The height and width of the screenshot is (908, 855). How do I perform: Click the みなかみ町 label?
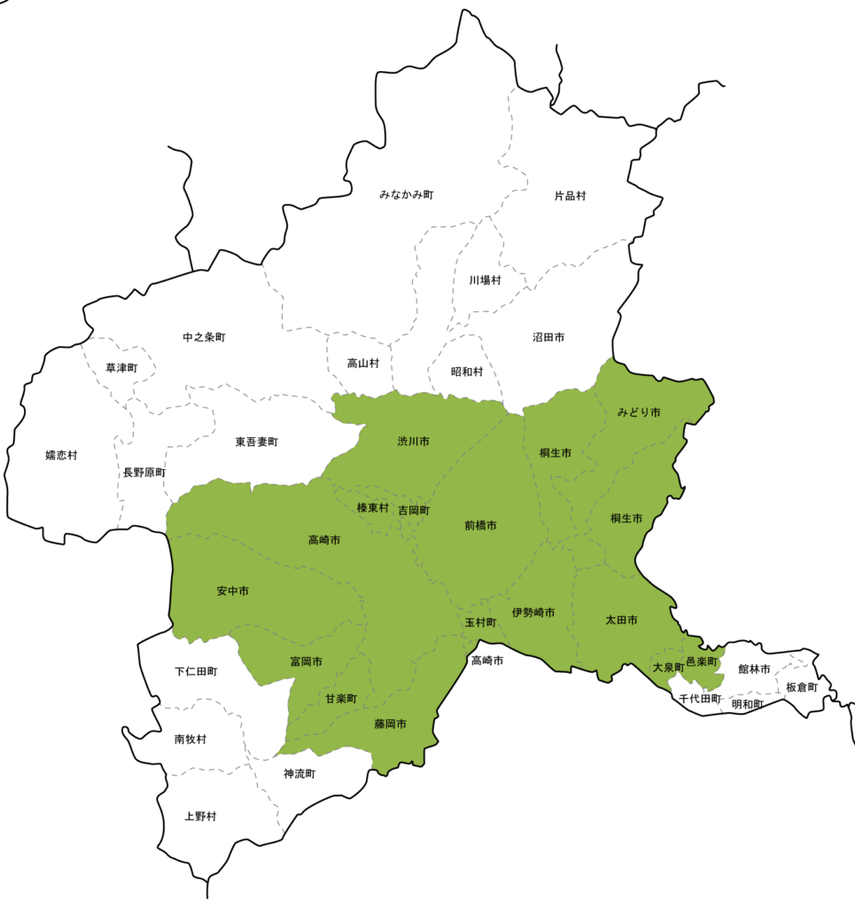(406, 194)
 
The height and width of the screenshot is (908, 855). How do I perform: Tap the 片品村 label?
(570, 195)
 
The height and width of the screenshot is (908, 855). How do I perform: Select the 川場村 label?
(485, 280)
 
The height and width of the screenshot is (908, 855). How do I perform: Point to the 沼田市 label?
(548, 338)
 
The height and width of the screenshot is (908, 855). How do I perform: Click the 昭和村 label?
(467, 372)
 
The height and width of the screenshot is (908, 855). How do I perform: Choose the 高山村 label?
(363, 364)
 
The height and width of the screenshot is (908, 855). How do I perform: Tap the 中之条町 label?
(204, 338)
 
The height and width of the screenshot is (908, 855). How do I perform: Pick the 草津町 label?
(121, 368)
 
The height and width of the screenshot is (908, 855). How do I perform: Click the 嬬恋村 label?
(61, 456)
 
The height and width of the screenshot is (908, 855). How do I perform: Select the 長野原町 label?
(144, 473)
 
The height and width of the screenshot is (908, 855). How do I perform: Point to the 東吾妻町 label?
(257, 442)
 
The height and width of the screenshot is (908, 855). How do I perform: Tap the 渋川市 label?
(413, 442)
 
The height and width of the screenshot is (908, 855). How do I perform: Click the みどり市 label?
(639, 413)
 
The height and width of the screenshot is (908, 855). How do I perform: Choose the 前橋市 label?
(480, 526)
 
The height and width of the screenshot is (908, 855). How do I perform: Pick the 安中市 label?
(232, 591)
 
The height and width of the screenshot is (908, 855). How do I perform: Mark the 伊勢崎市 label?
(533, 613)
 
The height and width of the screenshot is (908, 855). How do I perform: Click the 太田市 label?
(621, 620)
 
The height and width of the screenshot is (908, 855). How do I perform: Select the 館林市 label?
(754, 669)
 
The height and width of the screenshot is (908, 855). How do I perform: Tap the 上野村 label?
(199, 816)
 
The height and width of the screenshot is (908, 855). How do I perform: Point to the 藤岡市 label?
(390, 724)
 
